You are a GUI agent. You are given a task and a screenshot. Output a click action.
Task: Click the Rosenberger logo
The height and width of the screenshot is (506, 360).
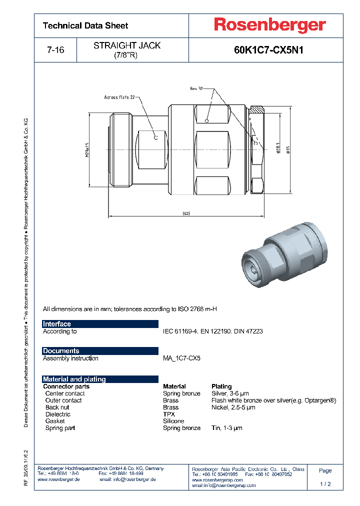point(270,25)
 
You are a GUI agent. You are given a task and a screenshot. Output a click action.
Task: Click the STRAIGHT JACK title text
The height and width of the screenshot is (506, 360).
point(127,45)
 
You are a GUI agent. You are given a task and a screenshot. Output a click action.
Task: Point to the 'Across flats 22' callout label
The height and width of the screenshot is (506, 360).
point(120,97)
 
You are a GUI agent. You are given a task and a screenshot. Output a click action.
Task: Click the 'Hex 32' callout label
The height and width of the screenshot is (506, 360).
point(196,88)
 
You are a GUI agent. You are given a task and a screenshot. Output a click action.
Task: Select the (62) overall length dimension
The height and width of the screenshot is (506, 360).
point(185,213)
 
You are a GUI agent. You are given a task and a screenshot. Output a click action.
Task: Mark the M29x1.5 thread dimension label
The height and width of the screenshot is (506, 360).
point(86,150)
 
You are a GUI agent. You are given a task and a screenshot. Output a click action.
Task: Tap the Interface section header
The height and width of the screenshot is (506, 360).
point(57,324)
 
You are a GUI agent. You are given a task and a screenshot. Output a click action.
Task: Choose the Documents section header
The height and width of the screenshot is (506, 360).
point(61,351)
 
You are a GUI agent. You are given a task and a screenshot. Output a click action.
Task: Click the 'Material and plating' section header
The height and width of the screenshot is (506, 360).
point(74,379)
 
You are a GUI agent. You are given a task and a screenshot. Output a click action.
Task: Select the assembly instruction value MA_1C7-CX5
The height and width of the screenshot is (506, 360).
point(181,358)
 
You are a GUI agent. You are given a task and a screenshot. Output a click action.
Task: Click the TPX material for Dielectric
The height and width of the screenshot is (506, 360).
point(168,414)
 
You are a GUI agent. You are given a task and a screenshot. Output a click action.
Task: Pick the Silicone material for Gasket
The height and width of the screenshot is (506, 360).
point(173,421)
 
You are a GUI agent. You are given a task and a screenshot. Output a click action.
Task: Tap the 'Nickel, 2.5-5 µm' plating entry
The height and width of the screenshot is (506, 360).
point(233,407)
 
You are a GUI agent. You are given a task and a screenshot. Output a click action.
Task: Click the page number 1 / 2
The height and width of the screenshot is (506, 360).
point(325,484)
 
